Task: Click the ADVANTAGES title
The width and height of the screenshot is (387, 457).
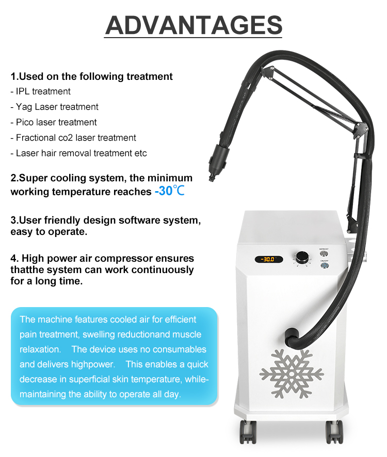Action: click(x=193, y=25)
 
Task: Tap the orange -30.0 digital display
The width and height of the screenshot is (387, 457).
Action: click(x=267, y=259)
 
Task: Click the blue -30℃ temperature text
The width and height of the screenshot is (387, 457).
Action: click(x=169, y=192)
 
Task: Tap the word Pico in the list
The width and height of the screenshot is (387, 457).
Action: click(x=25, y=122)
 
